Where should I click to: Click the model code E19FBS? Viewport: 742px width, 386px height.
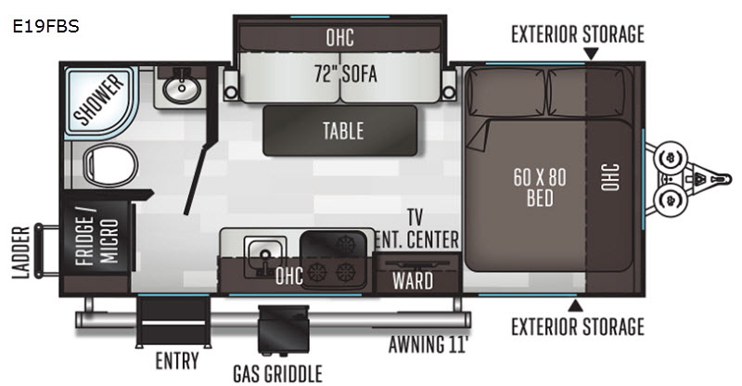tap(45, 27)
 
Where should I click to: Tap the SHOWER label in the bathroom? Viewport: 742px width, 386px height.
tap(98, 100)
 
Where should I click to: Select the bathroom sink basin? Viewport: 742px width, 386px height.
tap(182, 88)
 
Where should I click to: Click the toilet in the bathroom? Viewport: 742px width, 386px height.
tap(110, 165)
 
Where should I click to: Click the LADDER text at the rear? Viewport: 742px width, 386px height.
tap(21, 252)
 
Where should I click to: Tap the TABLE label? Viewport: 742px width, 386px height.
tap(343, 131)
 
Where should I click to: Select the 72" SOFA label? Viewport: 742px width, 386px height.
tap(345, 74)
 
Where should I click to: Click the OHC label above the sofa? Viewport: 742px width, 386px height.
tap(339, 37)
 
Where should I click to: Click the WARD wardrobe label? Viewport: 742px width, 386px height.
tap(413, 281)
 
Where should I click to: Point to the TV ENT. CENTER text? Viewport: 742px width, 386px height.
tap(416, 229)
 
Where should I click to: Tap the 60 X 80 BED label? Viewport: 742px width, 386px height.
tap(540, 187)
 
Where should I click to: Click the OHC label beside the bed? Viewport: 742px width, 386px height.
tap(609, 177)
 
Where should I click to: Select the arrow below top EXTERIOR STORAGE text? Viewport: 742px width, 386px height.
tap(591, 54)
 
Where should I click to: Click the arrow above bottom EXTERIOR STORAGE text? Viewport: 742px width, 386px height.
tap(575, 305)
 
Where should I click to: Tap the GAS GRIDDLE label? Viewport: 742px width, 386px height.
tap(277, 374)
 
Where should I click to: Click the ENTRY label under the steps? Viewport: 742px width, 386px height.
tap(177, 361)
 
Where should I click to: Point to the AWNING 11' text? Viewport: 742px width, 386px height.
tap(428, 344)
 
